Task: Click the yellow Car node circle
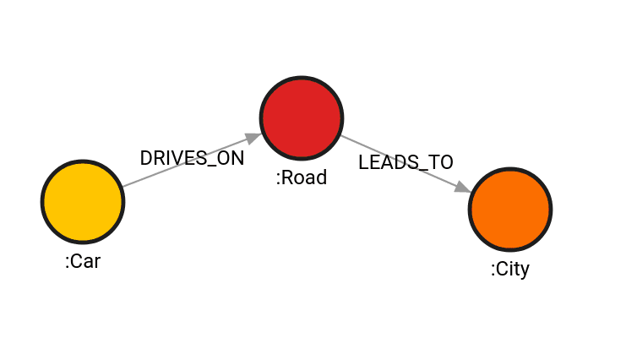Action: pos(83,201)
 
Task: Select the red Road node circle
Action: pos(302,118)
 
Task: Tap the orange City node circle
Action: pos(510,209)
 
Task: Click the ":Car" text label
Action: pos(83,262)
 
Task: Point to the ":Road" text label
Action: pos(302,178)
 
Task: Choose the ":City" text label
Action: pos(510,270)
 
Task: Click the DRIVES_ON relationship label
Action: pos(192,158)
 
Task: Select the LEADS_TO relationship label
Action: pos(406,163)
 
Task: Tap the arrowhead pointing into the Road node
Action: pos(253,137)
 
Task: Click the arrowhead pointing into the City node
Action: pos(463,187)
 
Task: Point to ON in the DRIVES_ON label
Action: pos(231,158)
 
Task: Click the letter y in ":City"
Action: pos(524,272)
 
